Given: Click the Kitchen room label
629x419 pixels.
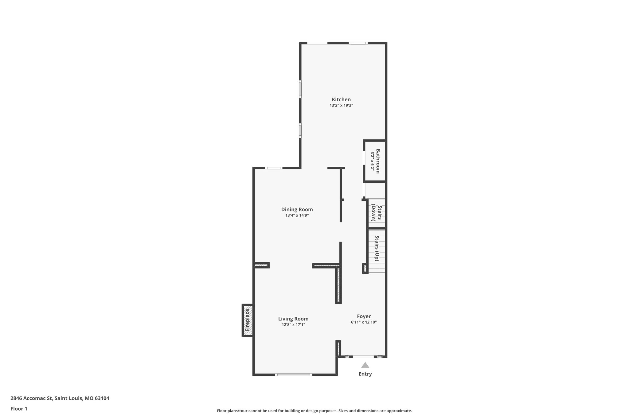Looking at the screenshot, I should pos(341,99).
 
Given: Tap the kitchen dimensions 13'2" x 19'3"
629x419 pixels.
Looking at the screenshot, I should pos(341,105).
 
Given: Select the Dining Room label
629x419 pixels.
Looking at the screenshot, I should pos(297,209).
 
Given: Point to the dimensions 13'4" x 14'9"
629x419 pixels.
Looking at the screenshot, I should pos(297,215).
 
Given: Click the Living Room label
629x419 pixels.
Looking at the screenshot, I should pos(293,319).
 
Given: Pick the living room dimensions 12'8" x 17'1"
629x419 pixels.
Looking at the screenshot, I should pos(293,325).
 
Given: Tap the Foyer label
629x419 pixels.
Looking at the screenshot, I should pos(364,316).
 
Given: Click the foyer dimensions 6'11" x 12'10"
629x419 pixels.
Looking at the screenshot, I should pos(364,322).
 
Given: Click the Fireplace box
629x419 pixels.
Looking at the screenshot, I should pos(248,320).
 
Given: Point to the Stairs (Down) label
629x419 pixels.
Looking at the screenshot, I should pos(377,213).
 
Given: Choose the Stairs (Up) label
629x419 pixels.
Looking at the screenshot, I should pos(377,248).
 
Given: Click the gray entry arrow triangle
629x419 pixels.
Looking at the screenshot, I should pos(365,365).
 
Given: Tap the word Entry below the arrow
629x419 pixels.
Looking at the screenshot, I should pos(365,374).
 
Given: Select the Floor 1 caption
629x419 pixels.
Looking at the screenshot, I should pos(19,409).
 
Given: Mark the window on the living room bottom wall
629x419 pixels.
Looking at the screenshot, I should pos(294,374).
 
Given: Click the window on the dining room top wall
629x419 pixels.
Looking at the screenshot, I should pos(274,168).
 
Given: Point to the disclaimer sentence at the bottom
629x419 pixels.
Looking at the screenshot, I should pos(314,411).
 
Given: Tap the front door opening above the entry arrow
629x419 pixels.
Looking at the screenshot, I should pos(363,357).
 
